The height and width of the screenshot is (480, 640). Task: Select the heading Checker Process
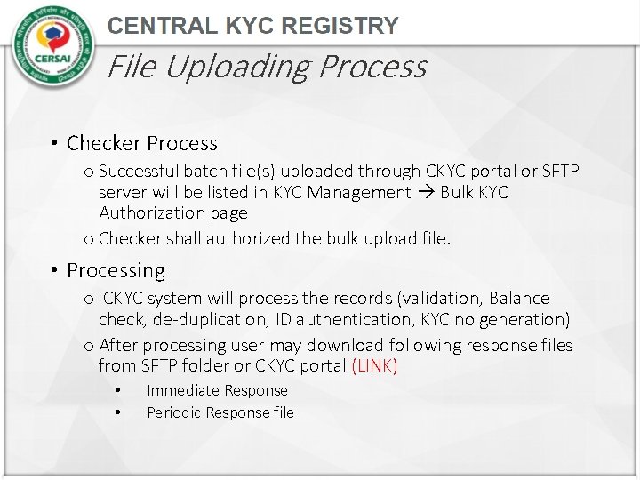click(x=142, y=143)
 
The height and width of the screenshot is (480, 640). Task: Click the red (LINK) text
click(x=374, y=366)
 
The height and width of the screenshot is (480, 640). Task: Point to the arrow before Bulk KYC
click(x=427, y=193)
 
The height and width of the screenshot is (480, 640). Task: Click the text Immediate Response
click(x=217, y=390)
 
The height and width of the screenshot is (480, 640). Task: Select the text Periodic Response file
click(x=220, y=412)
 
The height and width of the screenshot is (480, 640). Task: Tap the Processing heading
click(x=116, y=270)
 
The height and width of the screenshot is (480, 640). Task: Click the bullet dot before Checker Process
click(x=54, y=144)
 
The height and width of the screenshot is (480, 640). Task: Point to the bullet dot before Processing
click(x=54, y=270)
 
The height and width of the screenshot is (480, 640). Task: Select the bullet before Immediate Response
click(x=116, y=390)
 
